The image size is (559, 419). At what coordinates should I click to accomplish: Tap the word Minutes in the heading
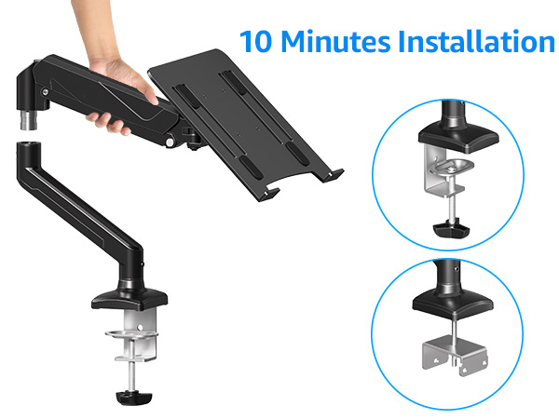click(339, 42)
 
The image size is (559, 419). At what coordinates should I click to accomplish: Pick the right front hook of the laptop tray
click(334, 174)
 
